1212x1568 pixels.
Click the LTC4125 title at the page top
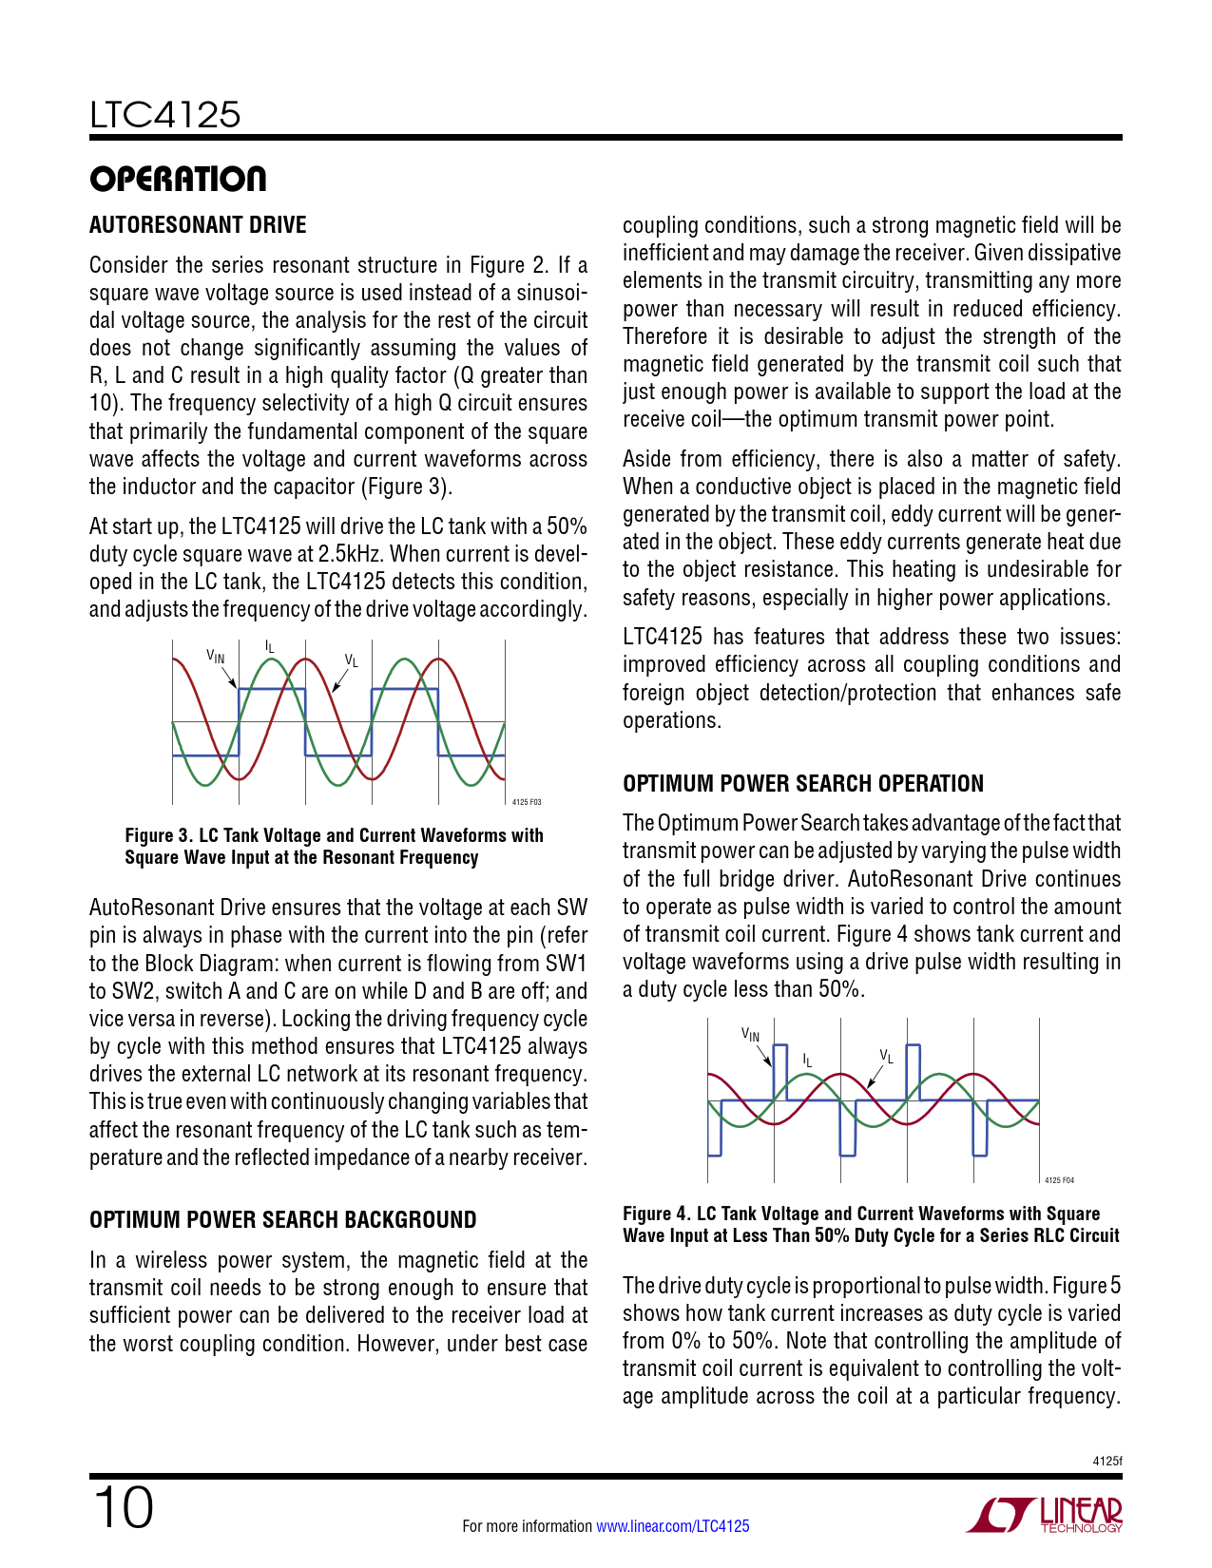point(165,115)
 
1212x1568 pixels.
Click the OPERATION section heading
point(178,179)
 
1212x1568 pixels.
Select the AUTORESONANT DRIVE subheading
point(198,225)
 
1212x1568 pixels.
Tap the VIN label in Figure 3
point(216,656)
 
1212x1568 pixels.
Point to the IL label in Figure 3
point(270,647)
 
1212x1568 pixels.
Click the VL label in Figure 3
point(351,660)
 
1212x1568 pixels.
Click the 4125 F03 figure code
point(527,803)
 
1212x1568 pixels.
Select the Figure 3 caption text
point(334,846)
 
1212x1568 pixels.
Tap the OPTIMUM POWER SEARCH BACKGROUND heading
point(283,1220)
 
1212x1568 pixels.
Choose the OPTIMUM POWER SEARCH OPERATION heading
point(803,784)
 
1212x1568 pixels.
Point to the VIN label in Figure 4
point(751,1034)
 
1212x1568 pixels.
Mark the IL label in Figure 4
point(807,1059)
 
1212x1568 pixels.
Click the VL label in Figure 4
point(886,1056)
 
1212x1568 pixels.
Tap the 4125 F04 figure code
point(1059,1180)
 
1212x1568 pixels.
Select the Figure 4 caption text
point(871,1225)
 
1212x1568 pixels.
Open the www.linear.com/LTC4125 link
point(672,1526)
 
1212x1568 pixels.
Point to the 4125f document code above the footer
point(1107,1461)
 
